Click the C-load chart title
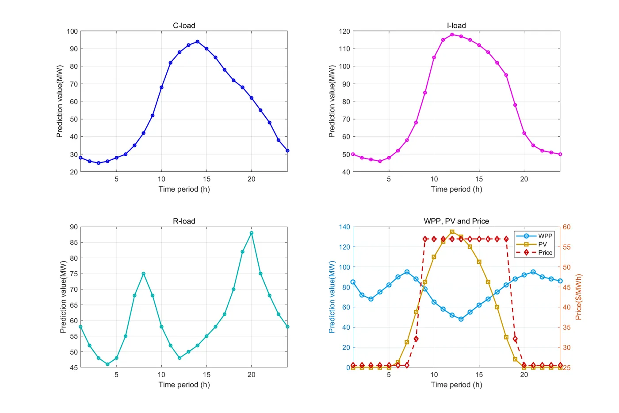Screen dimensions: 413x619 click(x=184, y=26)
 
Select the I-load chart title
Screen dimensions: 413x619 click(x=456, y=26)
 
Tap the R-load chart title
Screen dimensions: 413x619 click(x=184, y=221)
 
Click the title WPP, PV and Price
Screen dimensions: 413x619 click(x=456, y=221)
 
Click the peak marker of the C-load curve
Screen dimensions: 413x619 click(x=197, y=42)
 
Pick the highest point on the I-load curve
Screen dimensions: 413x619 click(x=452, y=35)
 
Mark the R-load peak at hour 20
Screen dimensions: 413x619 click(x=252, y=233)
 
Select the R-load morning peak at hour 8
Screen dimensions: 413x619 click(x=143, y=274)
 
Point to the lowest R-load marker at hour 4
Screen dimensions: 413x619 click(x=107, y=364)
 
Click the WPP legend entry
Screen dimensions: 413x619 click(x=545, y=236)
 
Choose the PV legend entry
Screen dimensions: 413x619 click(x=542, y=244)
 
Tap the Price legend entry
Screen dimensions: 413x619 click(x=545, y=252)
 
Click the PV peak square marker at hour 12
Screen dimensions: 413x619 click(x=452, y=232)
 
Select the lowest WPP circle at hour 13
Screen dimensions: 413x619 click(x=461, y=319)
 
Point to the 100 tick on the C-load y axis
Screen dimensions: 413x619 click(x=72, y=31)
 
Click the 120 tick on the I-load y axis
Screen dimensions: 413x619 click(x=344, y=31)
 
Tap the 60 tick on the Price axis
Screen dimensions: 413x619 click(x=566, y=227)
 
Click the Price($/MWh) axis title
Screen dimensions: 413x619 click(x=579, y=297)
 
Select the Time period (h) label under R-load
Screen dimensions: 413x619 click(x=184, y=385)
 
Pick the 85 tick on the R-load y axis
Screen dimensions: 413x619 click(x=73, y=243)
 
